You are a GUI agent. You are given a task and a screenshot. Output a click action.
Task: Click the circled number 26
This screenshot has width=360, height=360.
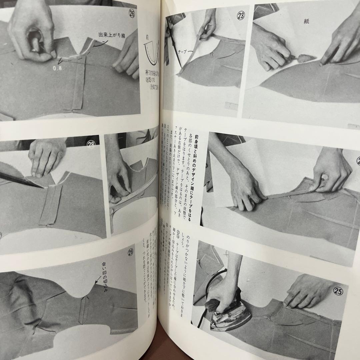tap(132, 15)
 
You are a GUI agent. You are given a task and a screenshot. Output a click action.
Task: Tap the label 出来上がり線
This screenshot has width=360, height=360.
tap(111, 34)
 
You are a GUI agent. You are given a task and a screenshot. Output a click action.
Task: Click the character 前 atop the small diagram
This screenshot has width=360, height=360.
tap(146, 37)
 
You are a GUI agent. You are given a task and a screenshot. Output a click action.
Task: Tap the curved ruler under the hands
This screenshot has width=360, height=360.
tap(133, 197)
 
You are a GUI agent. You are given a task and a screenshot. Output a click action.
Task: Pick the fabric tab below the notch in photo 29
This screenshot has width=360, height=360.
tap(83, 310)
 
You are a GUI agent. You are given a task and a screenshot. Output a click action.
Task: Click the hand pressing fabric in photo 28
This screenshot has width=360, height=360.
tap(47, 157)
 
